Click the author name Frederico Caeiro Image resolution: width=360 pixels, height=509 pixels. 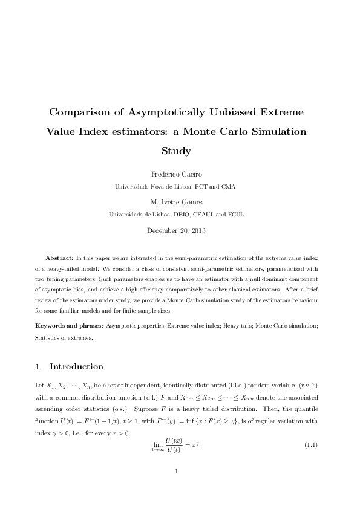tap(180, 174)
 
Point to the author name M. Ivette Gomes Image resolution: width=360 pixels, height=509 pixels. tap(180, 202)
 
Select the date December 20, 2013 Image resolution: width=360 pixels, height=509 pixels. tap(180, 230)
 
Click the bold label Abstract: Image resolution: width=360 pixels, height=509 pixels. tap(61, 258)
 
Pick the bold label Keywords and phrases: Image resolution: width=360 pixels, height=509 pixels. tap(68, 326)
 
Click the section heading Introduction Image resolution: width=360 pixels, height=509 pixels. tap(76, 366)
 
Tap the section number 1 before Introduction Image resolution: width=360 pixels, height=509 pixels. tap(38, 366)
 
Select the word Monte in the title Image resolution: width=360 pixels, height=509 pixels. tap(229, 131)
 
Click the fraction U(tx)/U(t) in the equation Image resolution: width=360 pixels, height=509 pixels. tap(174, 446)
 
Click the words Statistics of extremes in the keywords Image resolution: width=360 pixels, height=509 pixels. tap(64, 338)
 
